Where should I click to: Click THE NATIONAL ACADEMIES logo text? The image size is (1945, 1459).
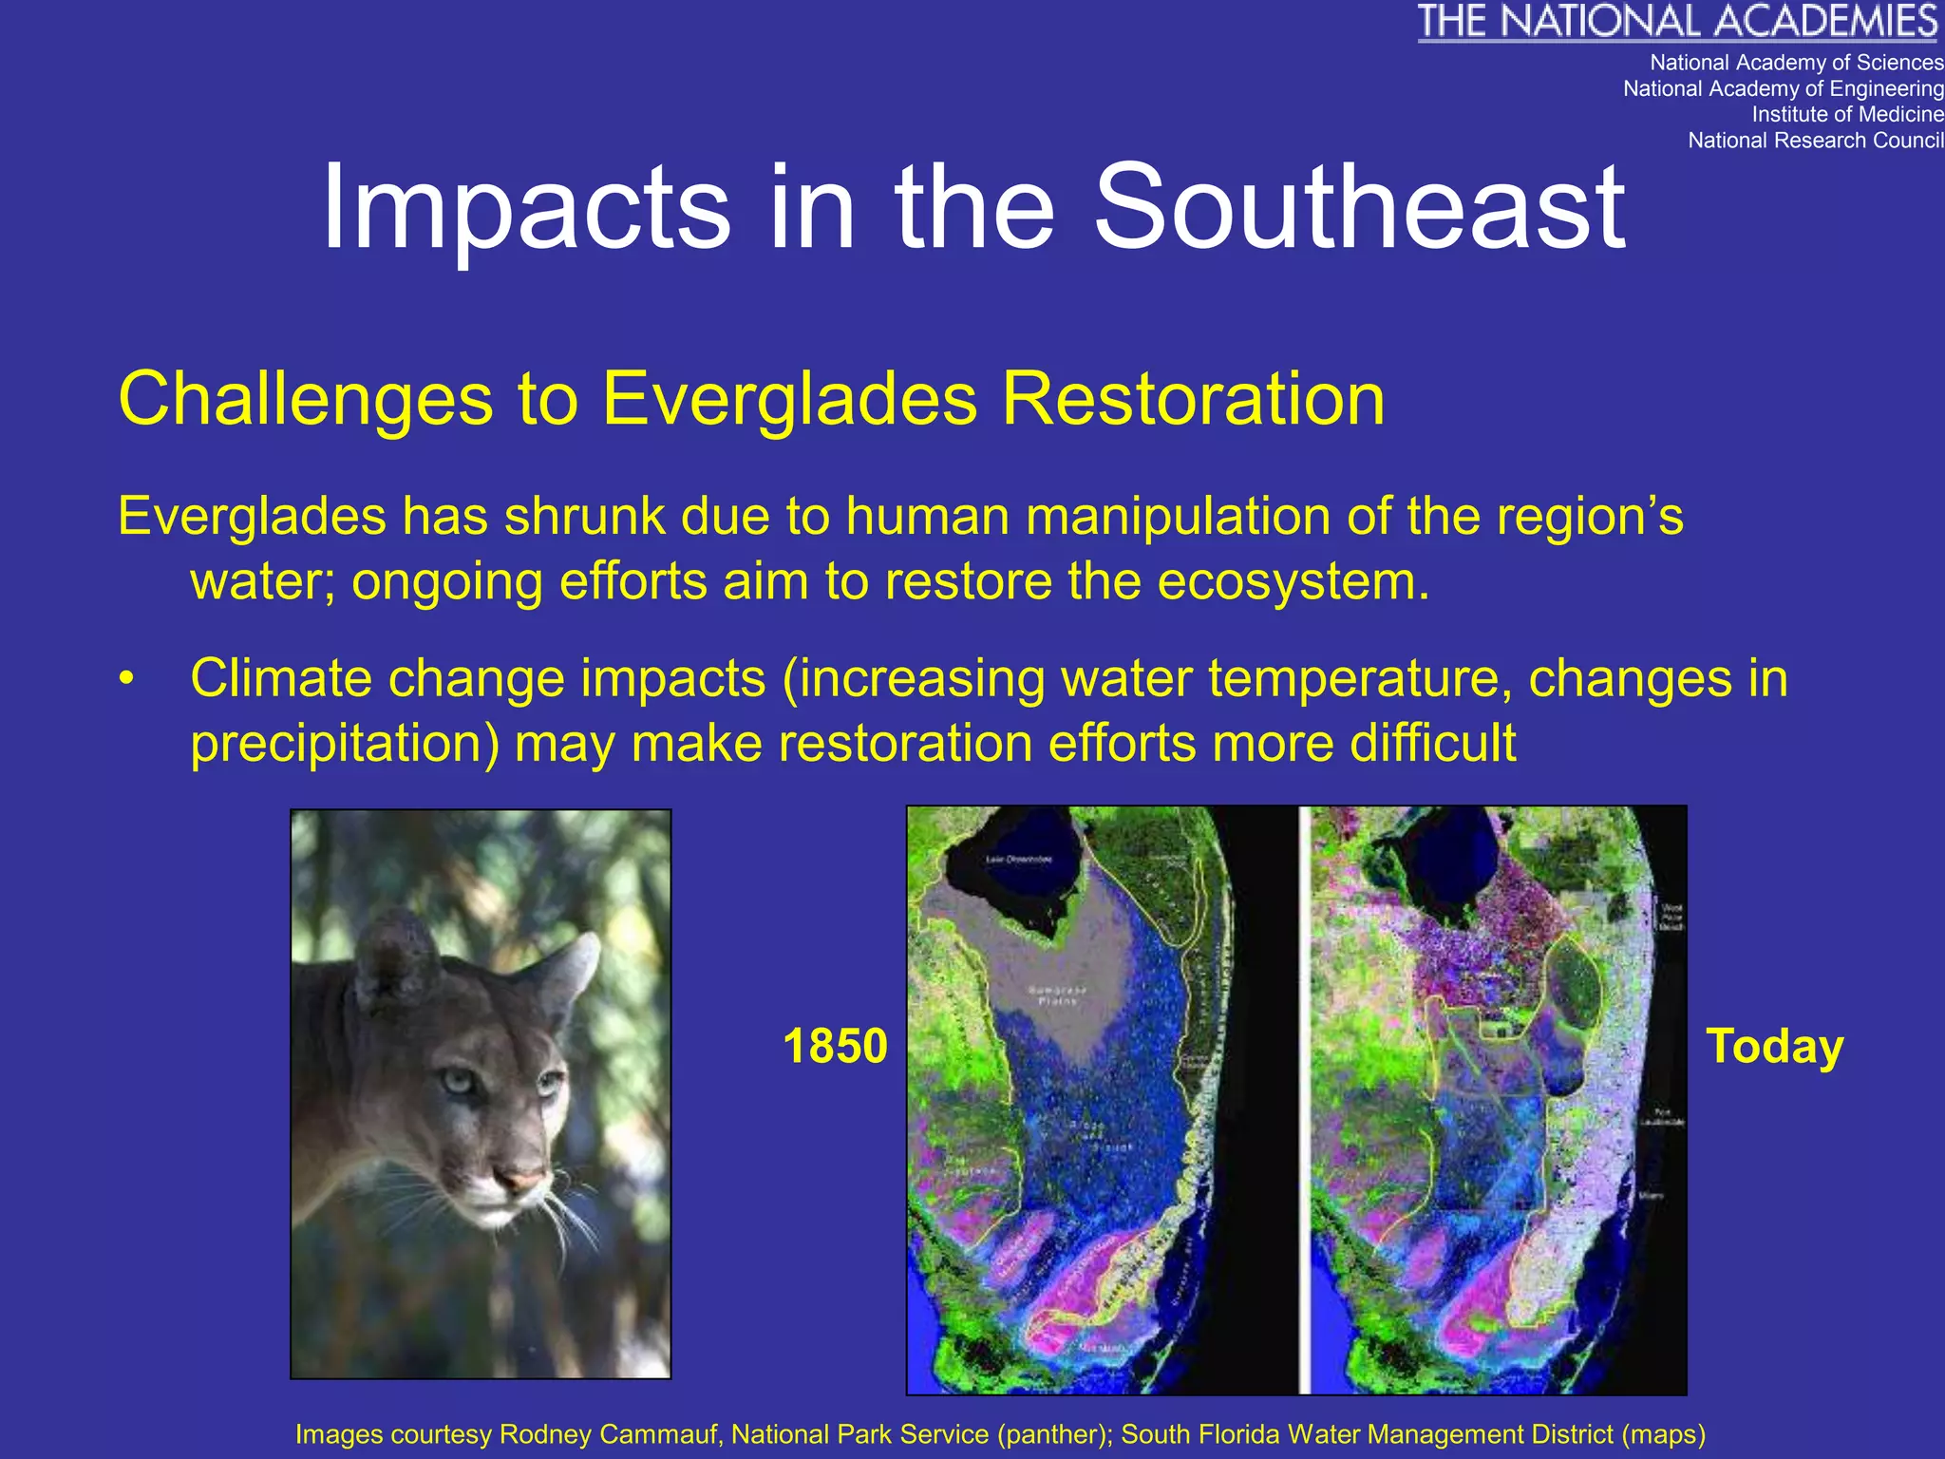1678,22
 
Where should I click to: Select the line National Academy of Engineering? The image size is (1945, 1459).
1783,88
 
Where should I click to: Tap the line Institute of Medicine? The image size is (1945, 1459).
1847,114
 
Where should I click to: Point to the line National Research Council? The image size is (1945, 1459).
1815,141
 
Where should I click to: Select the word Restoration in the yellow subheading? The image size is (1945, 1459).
1193,399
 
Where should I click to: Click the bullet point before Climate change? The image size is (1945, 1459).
127,680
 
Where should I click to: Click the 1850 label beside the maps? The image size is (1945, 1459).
835,1046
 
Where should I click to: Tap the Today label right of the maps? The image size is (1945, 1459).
1774,1046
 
